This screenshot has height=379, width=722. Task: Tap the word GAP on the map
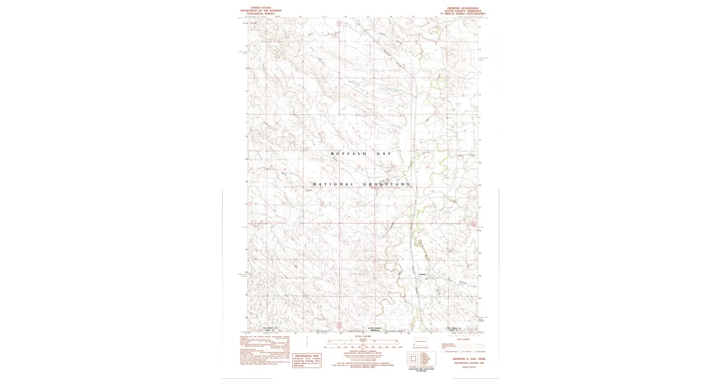click(384, 154)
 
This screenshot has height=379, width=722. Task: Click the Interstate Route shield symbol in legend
click(444, 351)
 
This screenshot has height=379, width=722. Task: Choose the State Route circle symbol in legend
click(475, 351)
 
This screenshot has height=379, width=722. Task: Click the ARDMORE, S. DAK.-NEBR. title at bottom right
click(463, 359)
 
